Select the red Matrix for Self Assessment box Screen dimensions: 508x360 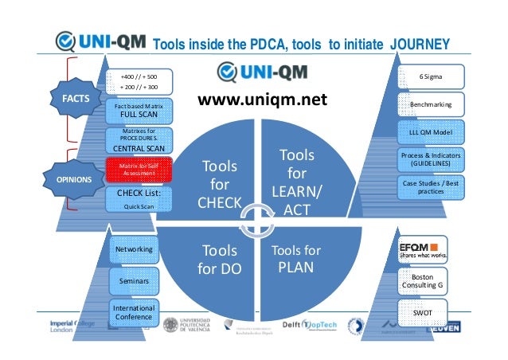click(x=139, y=168)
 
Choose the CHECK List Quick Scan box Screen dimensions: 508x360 click(x=139, y=198)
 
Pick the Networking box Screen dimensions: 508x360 click(x=134, y=250)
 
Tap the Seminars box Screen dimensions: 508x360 click(x=134, y=281)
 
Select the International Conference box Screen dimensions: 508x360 click(x=134, y=311)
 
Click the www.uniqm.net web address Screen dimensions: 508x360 click(x=262, y=100)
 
